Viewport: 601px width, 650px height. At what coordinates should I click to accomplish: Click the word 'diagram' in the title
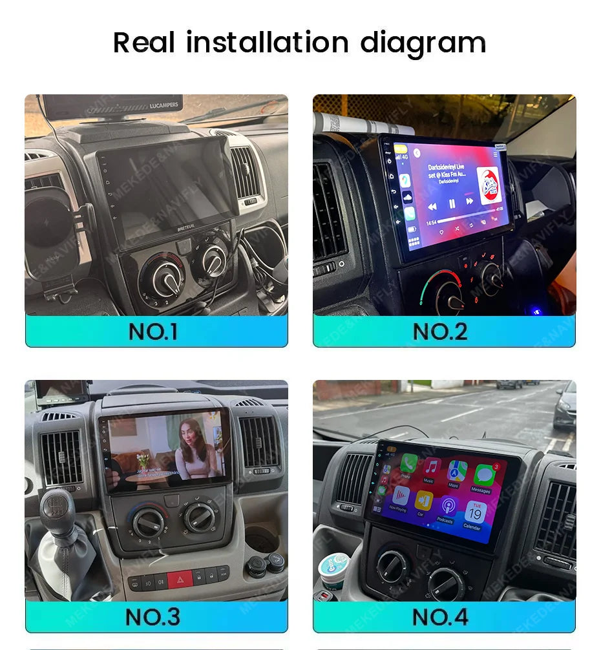pyautogui.click(x=423, y=43)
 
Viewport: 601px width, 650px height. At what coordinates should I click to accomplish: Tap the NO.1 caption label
pyautogui.click(x=153, y=331)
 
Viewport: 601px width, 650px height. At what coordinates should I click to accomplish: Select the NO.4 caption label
pyautogui.click(x=440, y=616)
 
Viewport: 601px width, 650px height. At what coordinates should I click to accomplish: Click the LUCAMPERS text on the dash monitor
pyautogui.click(x=163, y=105)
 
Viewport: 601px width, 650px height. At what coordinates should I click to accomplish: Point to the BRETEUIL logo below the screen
pyautogui.click(x=186, y=229)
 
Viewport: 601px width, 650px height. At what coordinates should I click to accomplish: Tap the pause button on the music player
pyautogui.click(x=452, y=204)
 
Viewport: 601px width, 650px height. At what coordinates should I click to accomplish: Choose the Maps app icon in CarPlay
pyautogui.click(x=458, y=470)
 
